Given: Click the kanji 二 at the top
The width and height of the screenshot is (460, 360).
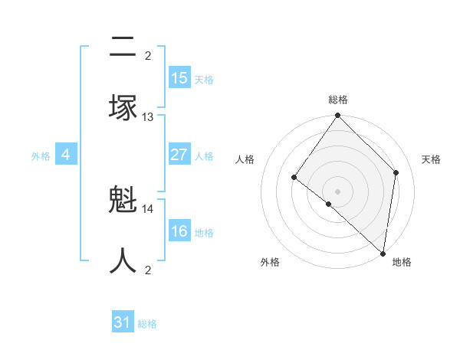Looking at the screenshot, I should point(123,47).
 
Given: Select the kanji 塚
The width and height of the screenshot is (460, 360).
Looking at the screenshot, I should point(123,107).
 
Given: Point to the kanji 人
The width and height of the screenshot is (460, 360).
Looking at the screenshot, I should point(123,260).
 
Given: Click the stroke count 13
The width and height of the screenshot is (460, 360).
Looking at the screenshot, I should point(148,117).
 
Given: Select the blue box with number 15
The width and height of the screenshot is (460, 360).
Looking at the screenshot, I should point(179,78).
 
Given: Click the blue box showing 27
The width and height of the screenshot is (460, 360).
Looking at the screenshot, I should point(179,155).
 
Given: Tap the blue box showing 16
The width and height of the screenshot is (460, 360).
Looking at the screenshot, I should point(179,231).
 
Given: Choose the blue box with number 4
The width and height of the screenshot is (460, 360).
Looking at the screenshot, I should point(66,155).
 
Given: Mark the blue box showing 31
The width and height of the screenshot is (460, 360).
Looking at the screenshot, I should point(123,323).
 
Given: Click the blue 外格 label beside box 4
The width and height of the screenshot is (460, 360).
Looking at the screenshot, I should point(41,156).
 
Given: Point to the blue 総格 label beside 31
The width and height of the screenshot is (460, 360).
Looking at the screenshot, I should point(147,324).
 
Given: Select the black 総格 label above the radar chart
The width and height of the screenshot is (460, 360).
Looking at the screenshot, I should point(338,100).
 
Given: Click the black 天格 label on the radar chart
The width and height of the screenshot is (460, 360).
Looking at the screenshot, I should point(431,159).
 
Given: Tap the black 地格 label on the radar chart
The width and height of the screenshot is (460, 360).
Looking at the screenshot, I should point(402,262).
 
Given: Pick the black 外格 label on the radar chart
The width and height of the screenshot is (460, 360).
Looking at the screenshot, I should point(270,262).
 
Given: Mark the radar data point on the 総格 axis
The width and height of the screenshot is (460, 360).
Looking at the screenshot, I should point(338,116).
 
